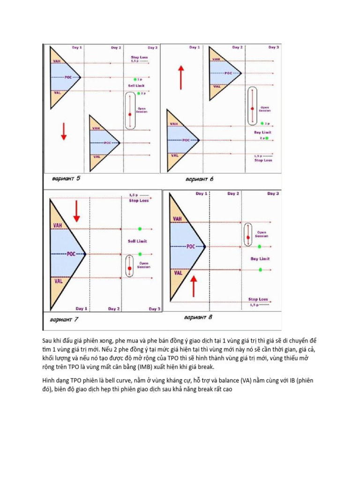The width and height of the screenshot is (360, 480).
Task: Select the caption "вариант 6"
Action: [x=199, y=179]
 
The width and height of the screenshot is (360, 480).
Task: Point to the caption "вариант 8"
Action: [x=198, y=317]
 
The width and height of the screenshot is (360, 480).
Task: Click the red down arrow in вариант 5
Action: [x=64, y=135]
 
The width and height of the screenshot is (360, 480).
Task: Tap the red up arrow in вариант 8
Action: [x=193, y=285]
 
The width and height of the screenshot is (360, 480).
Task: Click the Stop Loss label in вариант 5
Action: [x=139, y=58]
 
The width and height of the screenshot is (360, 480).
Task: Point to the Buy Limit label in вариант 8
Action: [x=260, y=259]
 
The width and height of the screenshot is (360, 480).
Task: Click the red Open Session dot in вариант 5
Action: [x=130, y=114]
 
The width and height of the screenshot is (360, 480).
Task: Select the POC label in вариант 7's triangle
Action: [x=70, y=254]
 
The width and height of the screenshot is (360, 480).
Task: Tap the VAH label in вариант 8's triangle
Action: [x=178, y=219]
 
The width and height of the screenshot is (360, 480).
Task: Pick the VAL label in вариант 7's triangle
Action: [x=59, y=281]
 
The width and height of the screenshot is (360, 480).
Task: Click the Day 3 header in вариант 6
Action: [x=274, y=47]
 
